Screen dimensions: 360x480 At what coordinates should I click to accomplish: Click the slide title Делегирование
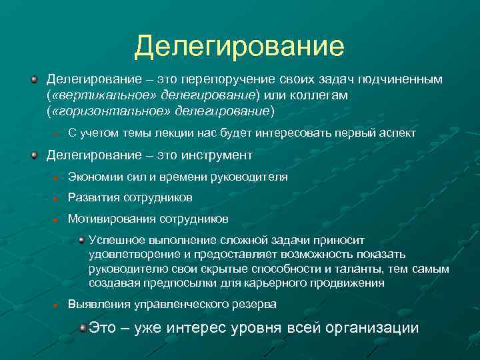pos(239,46)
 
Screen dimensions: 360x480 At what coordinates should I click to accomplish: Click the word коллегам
pos(323,95)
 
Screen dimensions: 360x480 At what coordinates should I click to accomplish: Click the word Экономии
pos(93,177)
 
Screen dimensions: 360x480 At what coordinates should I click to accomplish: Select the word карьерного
pos(290,283)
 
